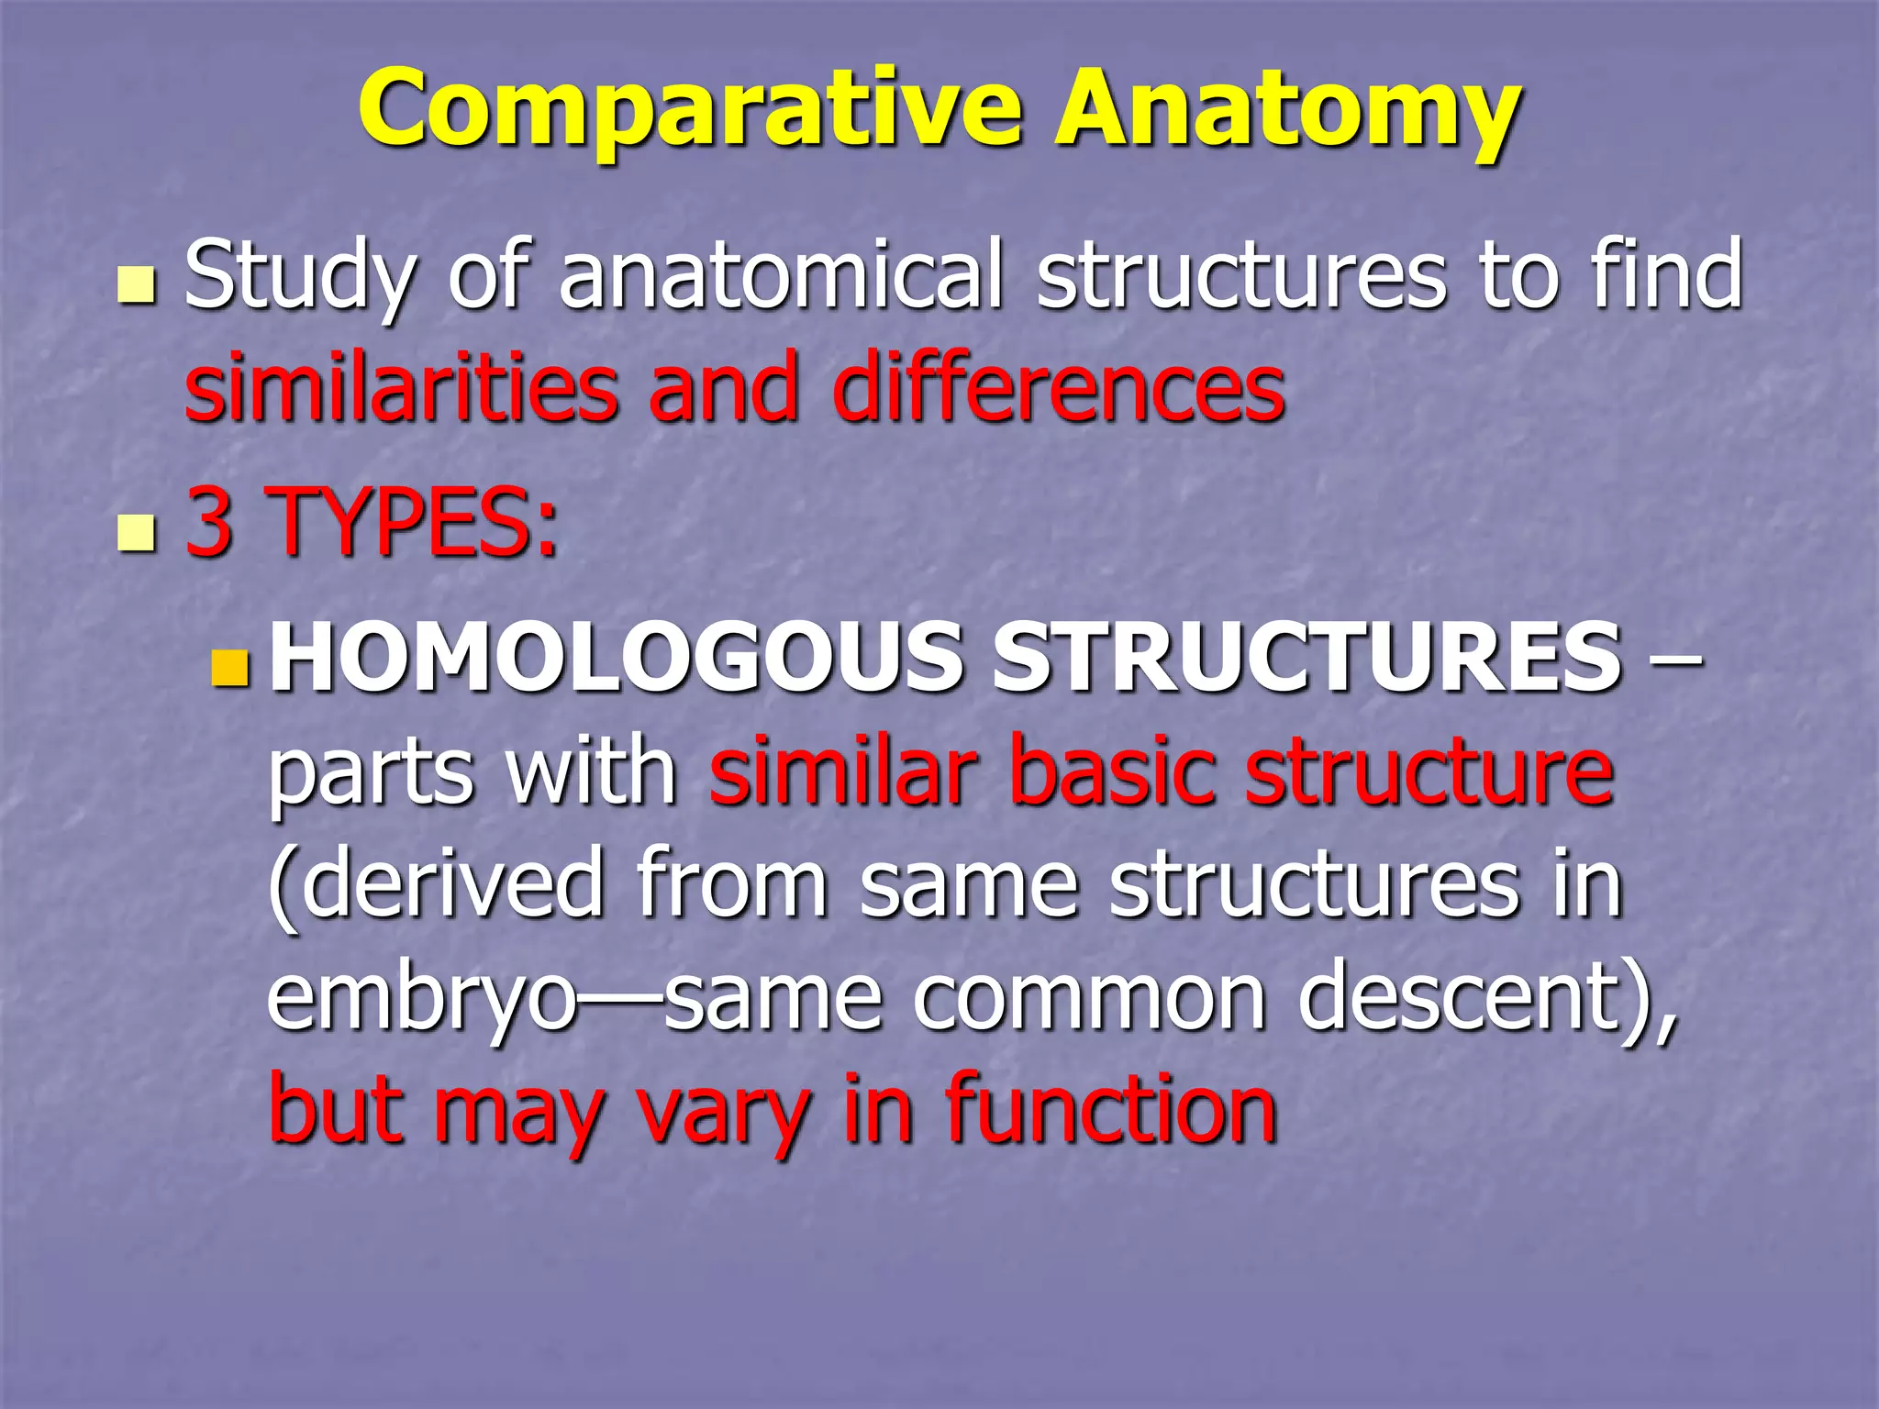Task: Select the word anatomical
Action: (780, 275)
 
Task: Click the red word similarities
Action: (401, 389)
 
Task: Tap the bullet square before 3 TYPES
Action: (137, 533)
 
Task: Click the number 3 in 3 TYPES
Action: (209, 523)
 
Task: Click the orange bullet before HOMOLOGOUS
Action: (228, 669)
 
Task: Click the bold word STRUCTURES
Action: (1306, 658)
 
